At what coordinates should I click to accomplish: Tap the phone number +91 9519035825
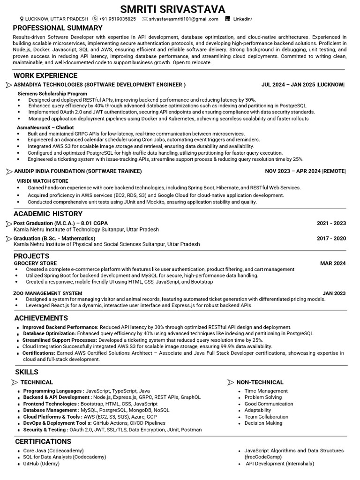click(x=117, y=19)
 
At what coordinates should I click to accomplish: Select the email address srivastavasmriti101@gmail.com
click(x=183, y=19)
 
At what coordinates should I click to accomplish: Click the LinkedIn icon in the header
click(x=228, y=19)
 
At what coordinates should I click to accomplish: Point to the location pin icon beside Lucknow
click(x=22, y=19)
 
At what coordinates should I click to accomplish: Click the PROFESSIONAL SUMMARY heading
click(x=58, y=28)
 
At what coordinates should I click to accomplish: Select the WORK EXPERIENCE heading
click(x=45, y=75)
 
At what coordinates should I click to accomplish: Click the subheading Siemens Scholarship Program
click(x=52, y=94)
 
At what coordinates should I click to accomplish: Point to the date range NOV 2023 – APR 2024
click(x=292, y=171)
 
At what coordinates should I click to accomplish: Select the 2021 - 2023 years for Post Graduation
click(x=331, y=224)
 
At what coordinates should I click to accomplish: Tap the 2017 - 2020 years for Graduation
click(x=331, y=239)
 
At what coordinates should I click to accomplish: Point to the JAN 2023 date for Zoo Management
click(x=334, y=293)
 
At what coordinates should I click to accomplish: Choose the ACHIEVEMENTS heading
click(x=41, y=318)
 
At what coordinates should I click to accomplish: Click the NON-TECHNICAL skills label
click(x=260, y=382)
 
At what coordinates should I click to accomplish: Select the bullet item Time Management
click(x=266, y=391)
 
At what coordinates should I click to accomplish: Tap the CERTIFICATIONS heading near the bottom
click(x=43, y=442)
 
